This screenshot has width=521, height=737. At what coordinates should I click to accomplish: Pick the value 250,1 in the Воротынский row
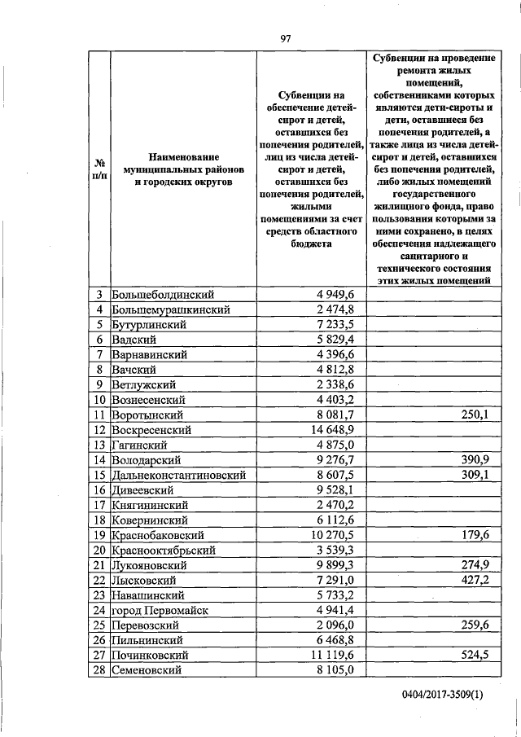coord(473,415)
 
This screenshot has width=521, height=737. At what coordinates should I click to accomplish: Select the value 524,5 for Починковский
coord(473,655)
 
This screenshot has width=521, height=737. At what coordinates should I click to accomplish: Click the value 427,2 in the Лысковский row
coord(473,580)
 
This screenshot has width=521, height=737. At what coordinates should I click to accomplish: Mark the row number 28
coord(99,669)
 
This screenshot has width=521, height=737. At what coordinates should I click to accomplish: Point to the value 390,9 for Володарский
coord(473,460)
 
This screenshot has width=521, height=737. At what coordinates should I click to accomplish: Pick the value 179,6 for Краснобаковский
coord(473,535)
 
